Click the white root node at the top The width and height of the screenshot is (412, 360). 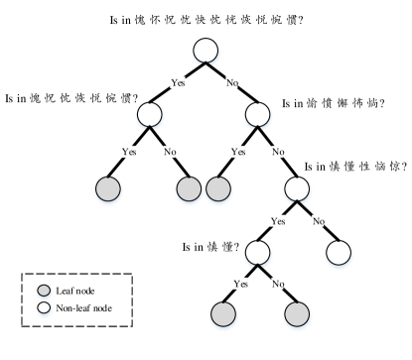[206, 51]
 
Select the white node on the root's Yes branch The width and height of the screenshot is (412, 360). [150, 115]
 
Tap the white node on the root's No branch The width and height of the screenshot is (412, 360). [257, 115]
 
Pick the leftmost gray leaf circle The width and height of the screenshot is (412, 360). [108, 188]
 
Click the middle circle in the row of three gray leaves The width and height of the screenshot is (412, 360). [189, 188]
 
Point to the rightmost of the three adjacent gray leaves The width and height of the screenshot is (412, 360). [218, 188]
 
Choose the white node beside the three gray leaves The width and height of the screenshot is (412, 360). [297, 188]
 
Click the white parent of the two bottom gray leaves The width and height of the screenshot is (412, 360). [257, 253]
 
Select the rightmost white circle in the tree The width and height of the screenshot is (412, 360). [339, 253]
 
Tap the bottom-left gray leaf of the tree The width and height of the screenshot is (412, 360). [223, 314]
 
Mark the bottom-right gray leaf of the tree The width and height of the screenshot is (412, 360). [297, 314]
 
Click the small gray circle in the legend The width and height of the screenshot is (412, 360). [44, 292]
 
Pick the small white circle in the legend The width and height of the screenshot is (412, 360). [44, 308]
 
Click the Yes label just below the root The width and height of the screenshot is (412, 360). [178, 83]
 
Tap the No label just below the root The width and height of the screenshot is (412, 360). [231, 83]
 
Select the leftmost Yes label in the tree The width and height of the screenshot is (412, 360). [129, 152]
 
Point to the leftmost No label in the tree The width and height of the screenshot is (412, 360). [169, 152]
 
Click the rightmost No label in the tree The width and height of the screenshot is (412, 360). [318, 221]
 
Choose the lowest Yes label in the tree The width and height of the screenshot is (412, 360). [240, 284]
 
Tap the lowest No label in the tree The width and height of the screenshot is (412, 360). [277, 284]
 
